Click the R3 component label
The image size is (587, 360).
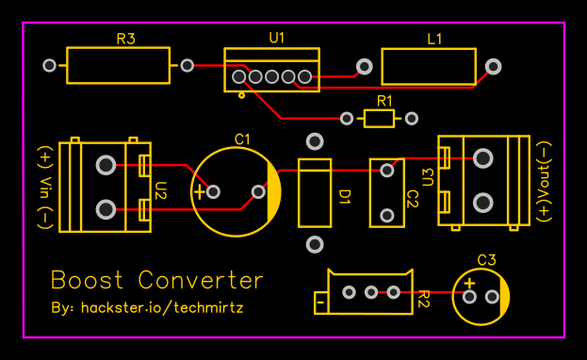click(125, 40)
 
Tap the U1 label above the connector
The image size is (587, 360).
click(277, 38)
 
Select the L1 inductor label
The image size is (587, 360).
click(434, 40)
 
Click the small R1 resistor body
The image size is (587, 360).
click(380, 118)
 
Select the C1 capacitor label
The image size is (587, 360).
click(242, 139)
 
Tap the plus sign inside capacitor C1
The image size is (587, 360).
click(199, 192)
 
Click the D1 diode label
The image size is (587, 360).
click(344, 197)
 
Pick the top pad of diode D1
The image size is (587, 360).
click(315, 141)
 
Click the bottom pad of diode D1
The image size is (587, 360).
click(315, 245)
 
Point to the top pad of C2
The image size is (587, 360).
click(386, 171)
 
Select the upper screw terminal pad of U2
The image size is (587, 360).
click(106, 166)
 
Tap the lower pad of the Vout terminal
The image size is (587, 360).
click(483, 202)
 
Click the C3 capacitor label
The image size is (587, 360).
click(486, 259)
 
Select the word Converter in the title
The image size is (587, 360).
click(201, 280)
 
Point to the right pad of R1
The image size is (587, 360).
click(411, 118)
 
